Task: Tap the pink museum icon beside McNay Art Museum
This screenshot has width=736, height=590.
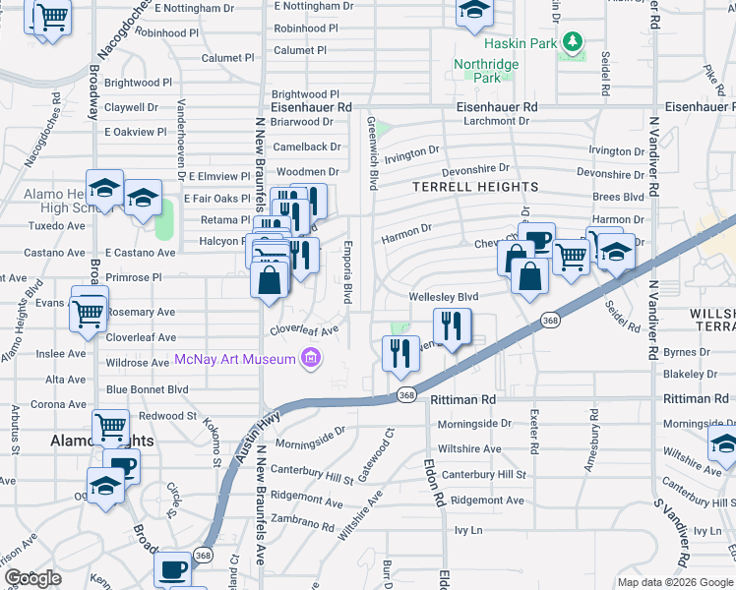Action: coord(312,359)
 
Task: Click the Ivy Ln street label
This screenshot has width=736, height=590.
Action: coord(468,530)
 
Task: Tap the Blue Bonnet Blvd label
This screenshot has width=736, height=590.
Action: coord(147,389)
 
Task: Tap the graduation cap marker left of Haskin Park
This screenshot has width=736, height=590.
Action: coord(475,12)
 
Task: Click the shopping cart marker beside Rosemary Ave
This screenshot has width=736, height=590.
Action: coord(89,313)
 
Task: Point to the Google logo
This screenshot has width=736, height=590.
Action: coord(32,578)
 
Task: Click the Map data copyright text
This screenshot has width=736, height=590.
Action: coord(675,582)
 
